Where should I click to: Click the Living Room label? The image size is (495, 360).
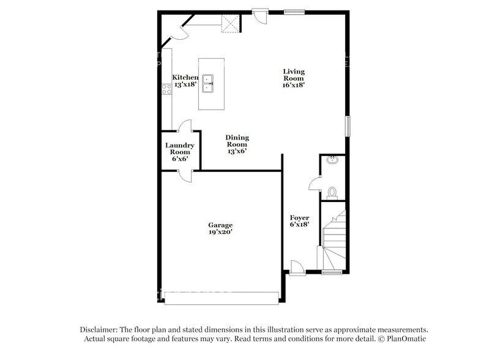(x=294, y=78)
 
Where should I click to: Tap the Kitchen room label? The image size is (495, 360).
(x=185, y=81)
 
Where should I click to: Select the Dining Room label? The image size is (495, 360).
(x=237, y=144)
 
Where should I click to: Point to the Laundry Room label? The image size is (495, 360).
(x=180, y=152)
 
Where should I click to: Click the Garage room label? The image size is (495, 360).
(x=220, y=228)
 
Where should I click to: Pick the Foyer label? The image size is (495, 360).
(x=299, y=221)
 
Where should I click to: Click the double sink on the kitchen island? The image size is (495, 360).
(x=210, y=83)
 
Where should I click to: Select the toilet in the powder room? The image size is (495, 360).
(x=332, y=192)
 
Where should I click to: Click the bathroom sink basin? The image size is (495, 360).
(x=333, y=161)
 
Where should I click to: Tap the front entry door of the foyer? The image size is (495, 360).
(x=296, y=268)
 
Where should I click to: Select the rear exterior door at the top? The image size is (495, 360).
(x=261, y=15)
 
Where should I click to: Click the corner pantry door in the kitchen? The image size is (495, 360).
(x=180, y=31)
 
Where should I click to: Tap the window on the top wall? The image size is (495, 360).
(x=294, y=10)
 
